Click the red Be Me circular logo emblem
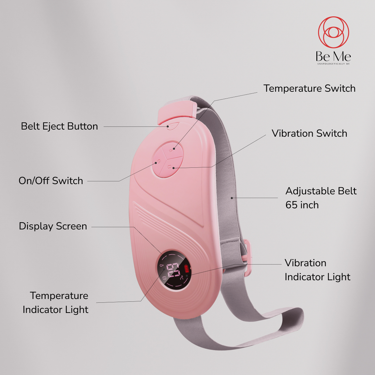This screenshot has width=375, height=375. pyautogui.click(x=333, y=32)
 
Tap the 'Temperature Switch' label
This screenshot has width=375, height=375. pyautogui.click(x=309, y=89)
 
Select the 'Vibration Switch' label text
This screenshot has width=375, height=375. pyautogui.click(x=309, y=133)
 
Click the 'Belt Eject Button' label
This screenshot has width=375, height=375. pyautogui.click(x=59, y=126)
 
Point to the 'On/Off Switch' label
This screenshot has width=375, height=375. pyautogui.click(x=51, y=181)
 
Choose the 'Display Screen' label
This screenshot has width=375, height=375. pyautogui.click(x=53, y=226)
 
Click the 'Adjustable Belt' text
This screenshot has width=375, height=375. pyautogui.click(x=321, y=191)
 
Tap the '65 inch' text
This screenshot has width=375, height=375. pyautogui.click(x=302, y=205)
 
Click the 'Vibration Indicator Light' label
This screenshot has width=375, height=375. pyautogui.click(x=317, y=270)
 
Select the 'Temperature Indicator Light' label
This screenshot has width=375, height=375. pyautogui.click(x=56, y=302)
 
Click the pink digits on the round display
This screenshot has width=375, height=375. pyautogui.click(x=173, y=270)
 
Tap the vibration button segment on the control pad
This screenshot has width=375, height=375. pyautogui.click(x=171, y=167)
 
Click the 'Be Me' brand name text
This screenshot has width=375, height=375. pyautogui.click(x=333, y=57)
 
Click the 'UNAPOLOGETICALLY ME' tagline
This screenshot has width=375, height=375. pyautogui.click(x=333, y=64)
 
